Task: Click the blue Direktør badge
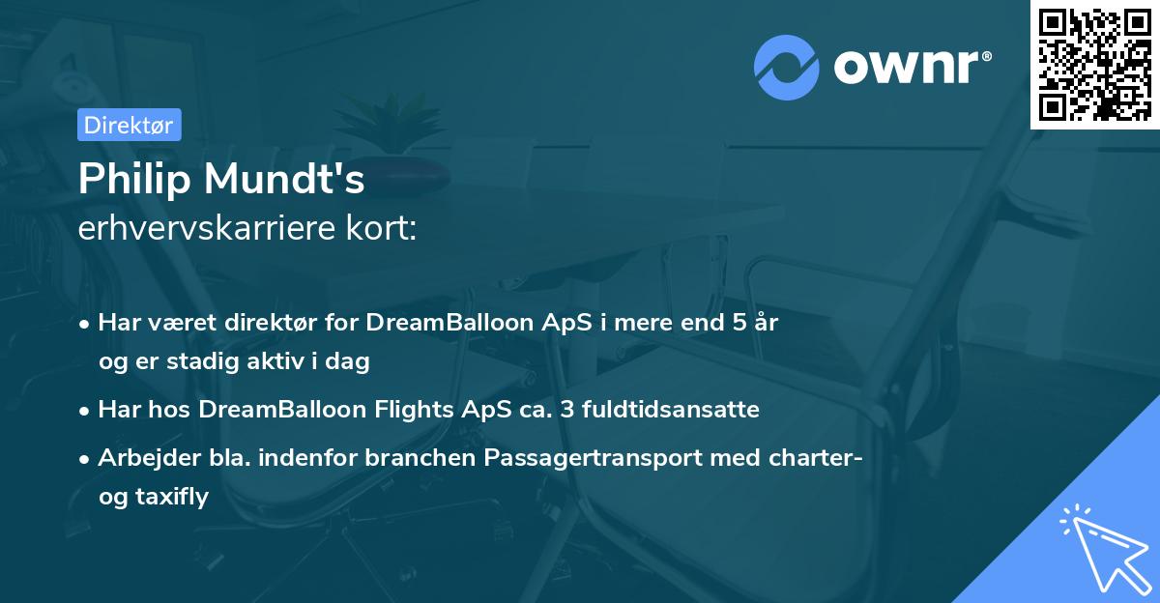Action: coord(130,125)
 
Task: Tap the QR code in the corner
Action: coord(1094,65)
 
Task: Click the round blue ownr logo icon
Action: coord(786,68)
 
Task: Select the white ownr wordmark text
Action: coord(907,68)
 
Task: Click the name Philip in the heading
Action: coord(134,179)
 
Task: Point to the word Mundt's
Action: coord(284,179)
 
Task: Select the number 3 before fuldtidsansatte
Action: coord(567,410)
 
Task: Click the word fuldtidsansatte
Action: coord(671,409)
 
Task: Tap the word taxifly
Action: coord(172,497)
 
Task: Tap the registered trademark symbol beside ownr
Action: coord(987,56)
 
